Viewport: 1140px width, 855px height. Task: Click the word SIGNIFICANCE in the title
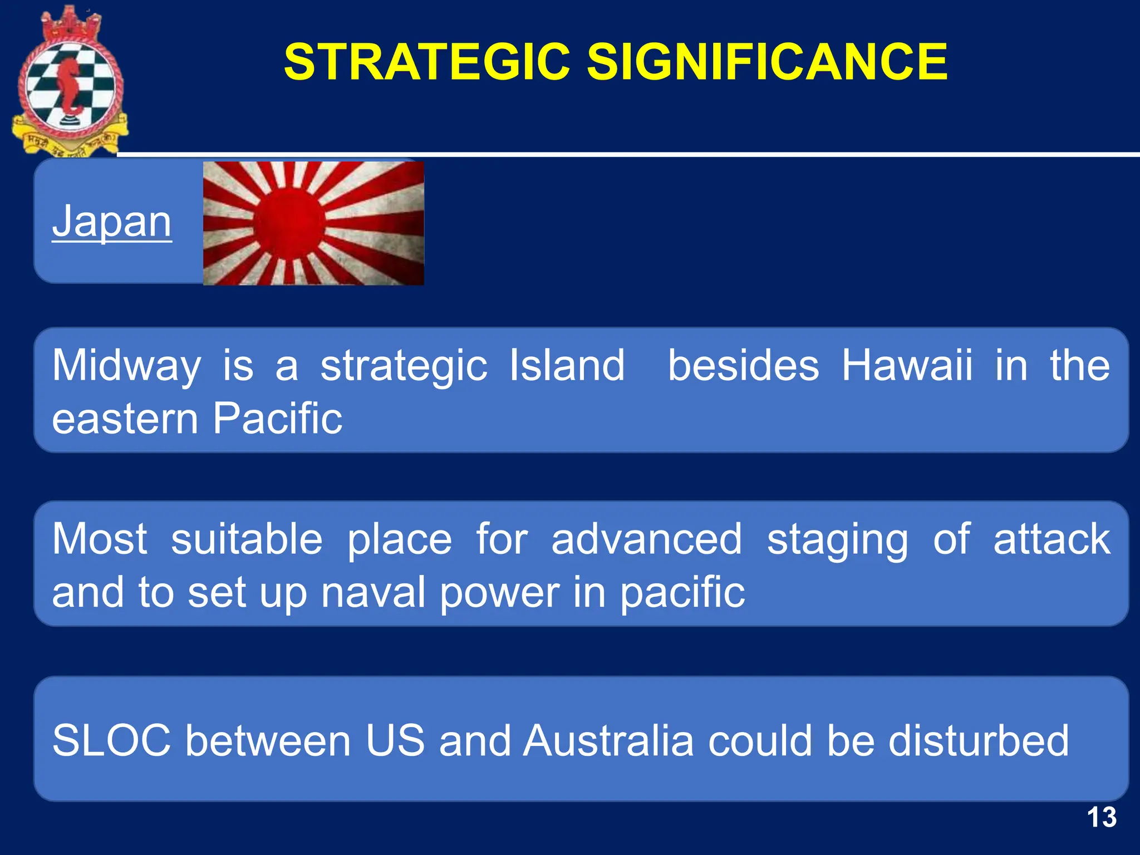click(x=767, y=62)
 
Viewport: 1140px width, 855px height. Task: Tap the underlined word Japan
click(x=112, y=222)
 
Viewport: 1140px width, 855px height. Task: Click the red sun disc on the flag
click(x=289, y=223)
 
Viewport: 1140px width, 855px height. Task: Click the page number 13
click(x=1101, y=818)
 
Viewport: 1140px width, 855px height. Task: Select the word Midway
click(x=126, y=366)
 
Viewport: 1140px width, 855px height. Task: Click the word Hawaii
click(x=907, y=366)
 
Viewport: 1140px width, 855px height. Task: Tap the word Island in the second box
click(x=567, y=366)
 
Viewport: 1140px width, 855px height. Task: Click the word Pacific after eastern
click(x=277, y=419)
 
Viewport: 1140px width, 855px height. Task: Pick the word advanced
click(x=646, y=539)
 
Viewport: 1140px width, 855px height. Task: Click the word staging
click(x=837, y=540)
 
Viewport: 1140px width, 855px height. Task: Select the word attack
click(x=1051, y=539)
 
